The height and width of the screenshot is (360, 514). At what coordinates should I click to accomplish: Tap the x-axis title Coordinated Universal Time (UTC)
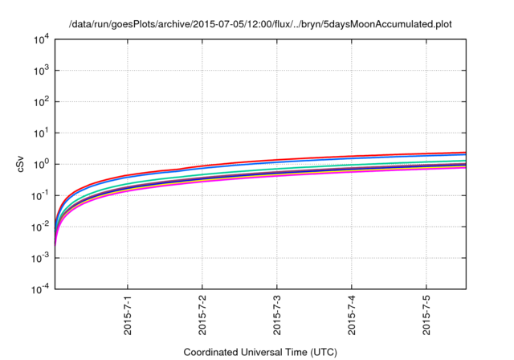[259, 352]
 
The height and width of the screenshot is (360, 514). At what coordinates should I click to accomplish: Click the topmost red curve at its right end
[463, 153]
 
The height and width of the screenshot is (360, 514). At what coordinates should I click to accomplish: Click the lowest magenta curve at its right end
[463, 167]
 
